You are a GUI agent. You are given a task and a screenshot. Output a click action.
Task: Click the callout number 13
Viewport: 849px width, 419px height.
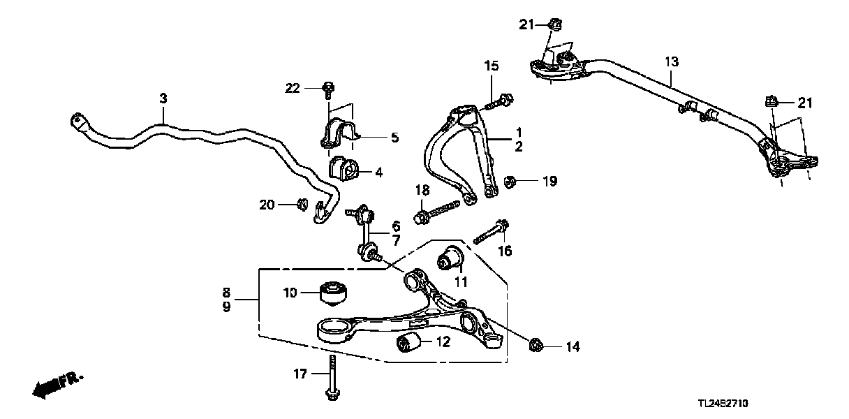[670, 62]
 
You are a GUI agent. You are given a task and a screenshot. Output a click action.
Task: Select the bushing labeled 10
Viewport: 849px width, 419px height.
[334, 293]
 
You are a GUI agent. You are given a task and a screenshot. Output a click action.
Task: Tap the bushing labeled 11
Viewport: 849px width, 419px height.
[452, 258]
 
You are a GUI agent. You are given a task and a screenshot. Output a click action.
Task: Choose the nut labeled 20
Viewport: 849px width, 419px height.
[302, 204]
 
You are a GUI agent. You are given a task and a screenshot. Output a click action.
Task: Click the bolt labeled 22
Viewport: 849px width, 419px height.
[328, 89]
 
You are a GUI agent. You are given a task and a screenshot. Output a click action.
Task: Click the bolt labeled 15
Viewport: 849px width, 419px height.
[497, 101]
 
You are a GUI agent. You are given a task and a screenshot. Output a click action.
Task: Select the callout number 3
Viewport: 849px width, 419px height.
[163, 98]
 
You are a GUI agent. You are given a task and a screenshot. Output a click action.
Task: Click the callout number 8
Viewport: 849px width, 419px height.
[226, 292]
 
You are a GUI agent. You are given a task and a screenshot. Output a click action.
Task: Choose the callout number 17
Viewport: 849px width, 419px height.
[299, 374]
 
